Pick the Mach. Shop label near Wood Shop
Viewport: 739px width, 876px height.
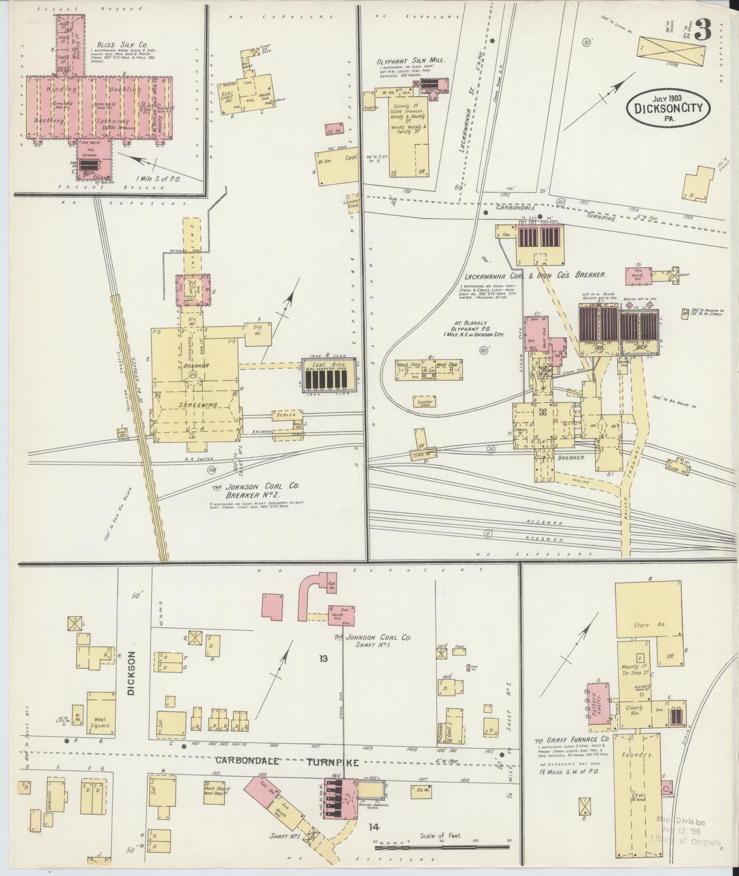[x=408, y=365]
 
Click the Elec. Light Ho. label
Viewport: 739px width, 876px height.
[x=227, y=98]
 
